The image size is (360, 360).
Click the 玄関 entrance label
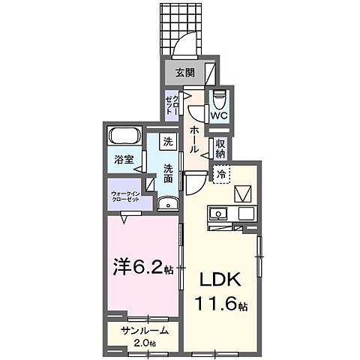click(185, 72)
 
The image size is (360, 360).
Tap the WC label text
click(218, 116)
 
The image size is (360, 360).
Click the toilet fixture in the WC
click(219, 99)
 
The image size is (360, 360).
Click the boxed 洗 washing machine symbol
click(169, 140)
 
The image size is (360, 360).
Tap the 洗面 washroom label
click(169, 174)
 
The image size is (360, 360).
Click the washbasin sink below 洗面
click(169, 204)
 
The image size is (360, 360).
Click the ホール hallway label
click(193, 139)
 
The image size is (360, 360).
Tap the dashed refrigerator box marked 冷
click(222, 174)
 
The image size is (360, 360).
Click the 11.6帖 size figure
click(222, 305)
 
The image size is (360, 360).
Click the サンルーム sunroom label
click(142, 331)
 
